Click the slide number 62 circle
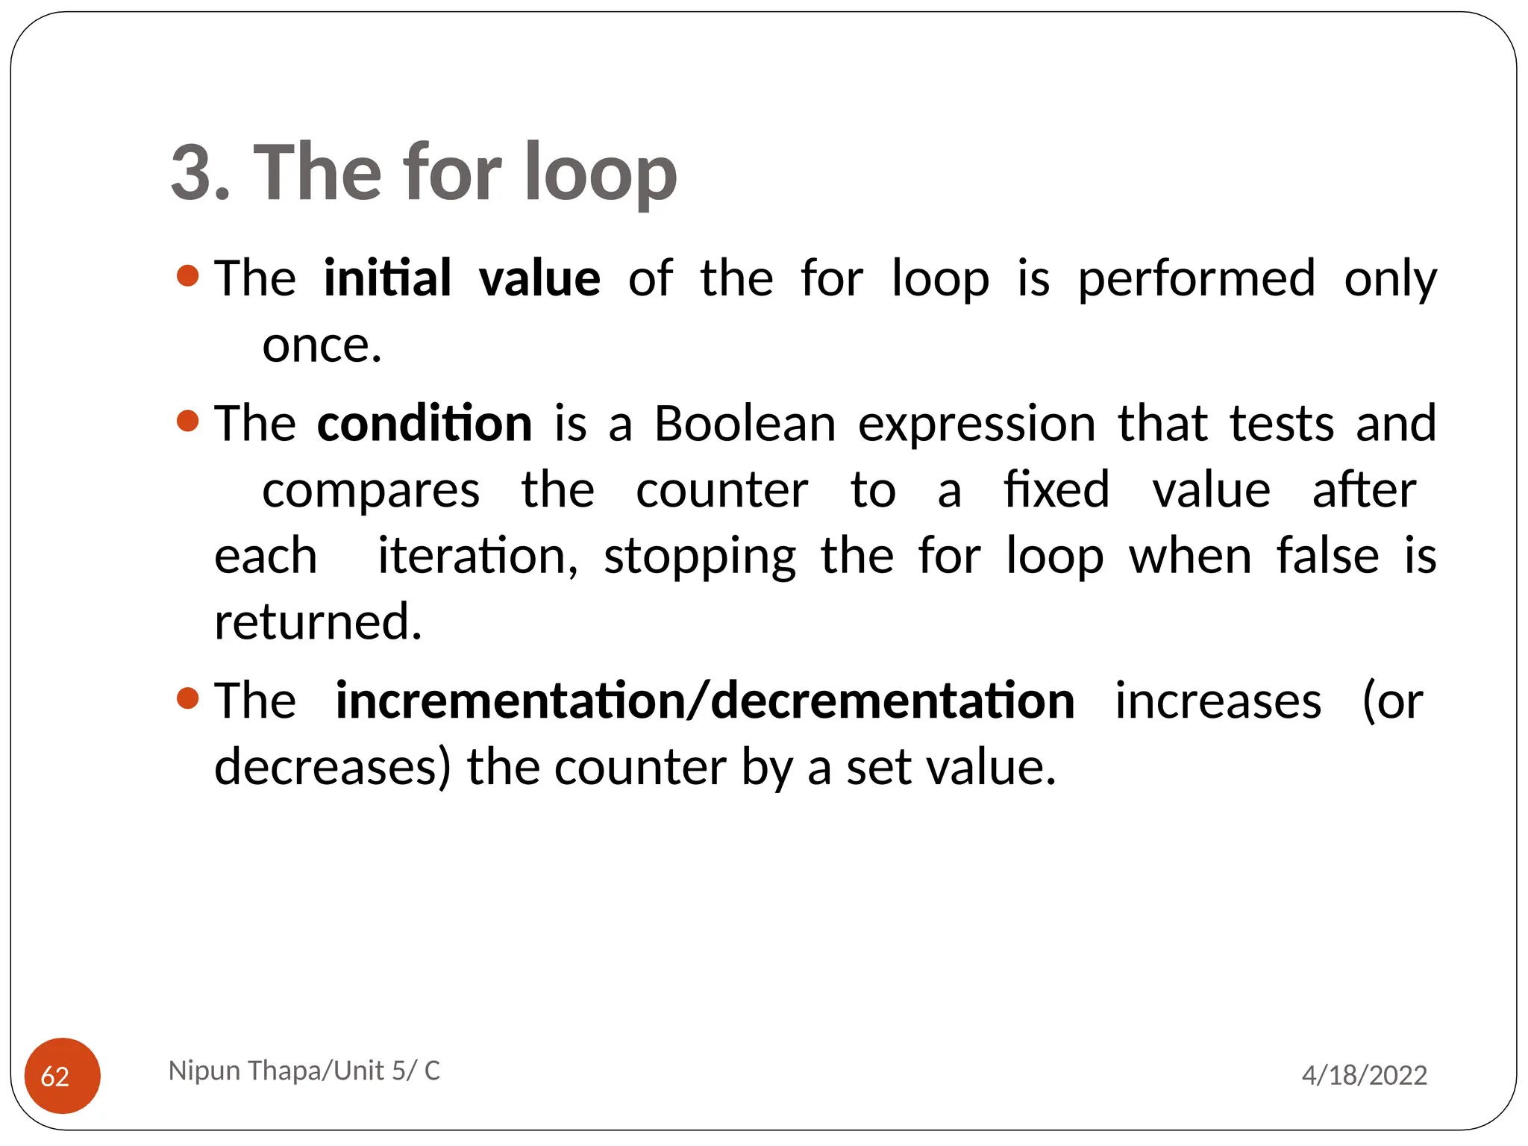pyautogui.click(x=63, y=1075)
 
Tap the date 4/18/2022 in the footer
pyautogui.click(x=1364, y=1075)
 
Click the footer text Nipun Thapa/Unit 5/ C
pyautogui.click(x=304, y=1071)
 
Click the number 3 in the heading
pyautogui.click(x=191, y=173)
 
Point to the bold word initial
pyautogui.click(x=387, y=278)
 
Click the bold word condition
pyautogui.click(x=425, y=423)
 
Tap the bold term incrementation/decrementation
pyautogui.click(x=705, y=701)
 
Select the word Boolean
pyautogui.click(x=745, y=423)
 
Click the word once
pyautogui.click(x=322, y=345)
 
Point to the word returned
pyautogui.click(x=318, y=621)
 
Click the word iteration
pyautogui.click(x=477, y=556)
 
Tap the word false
pyautogui.click(x=1327, y=556)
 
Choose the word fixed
pyautogui.click(x=1056, y=489)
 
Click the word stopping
pyautogui.click(x=700, y=557)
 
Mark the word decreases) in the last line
pyautogui.click(x=333, y=767)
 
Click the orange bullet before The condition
pyautogui.click(x=188, y=421)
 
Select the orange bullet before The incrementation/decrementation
pyautogui.click(x=188, y=699)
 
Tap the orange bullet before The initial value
pyautogui.click(x=188, y=276)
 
